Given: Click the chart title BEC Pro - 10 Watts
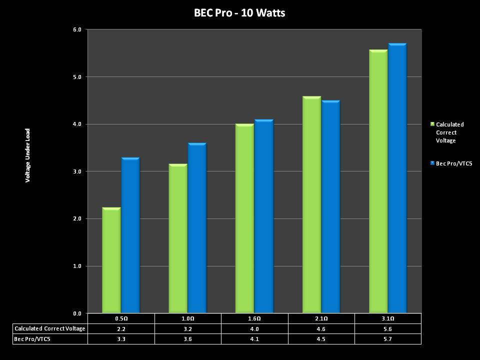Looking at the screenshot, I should [x=239, y=13].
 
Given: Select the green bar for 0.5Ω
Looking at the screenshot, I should [x=111, y=260].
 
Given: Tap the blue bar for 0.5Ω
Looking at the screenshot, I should [x=130, y=235].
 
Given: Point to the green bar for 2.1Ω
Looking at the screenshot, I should [x=311, y=205].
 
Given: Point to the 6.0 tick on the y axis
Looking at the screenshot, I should [x=77, y=29].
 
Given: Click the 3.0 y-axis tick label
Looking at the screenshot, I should [x=77, y=171].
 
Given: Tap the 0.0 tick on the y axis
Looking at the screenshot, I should [x=77, y=313].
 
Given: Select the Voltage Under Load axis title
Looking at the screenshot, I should [x=28, y=155].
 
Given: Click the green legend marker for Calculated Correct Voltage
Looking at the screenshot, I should [x=432, y=124].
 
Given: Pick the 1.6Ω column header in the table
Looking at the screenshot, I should [x=254, y=318].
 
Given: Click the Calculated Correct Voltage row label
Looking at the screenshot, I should [x=50, y=328].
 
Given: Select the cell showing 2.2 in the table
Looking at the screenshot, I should [x=121, y=328].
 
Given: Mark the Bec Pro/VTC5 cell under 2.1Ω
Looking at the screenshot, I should [x=321, y=339].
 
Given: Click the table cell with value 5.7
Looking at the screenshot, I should [x=387, y=339].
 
